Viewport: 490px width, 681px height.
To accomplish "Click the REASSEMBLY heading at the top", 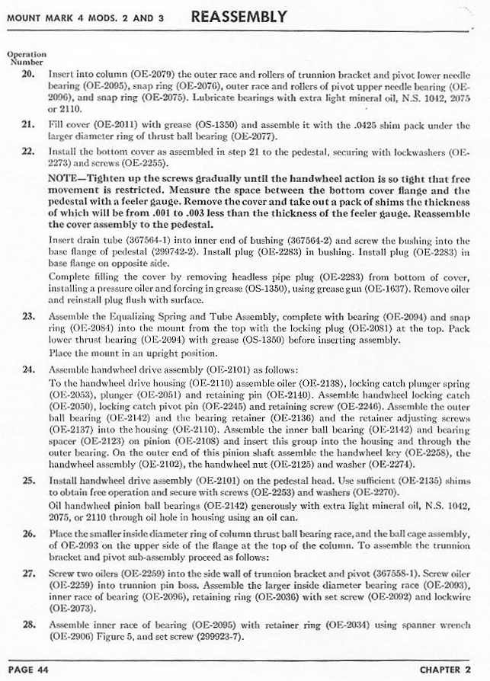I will coord(239,16).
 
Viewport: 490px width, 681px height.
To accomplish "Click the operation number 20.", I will coord(28,75).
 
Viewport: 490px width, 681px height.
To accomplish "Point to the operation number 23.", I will coord(28,315).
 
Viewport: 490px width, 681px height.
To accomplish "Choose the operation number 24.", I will coord(28,369).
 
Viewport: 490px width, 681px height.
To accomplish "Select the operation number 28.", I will coord(28,623).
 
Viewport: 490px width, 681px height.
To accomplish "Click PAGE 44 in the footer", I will coord(28,669).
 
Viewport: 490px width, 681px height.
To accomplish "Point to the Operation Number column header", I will coord(27,58).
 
